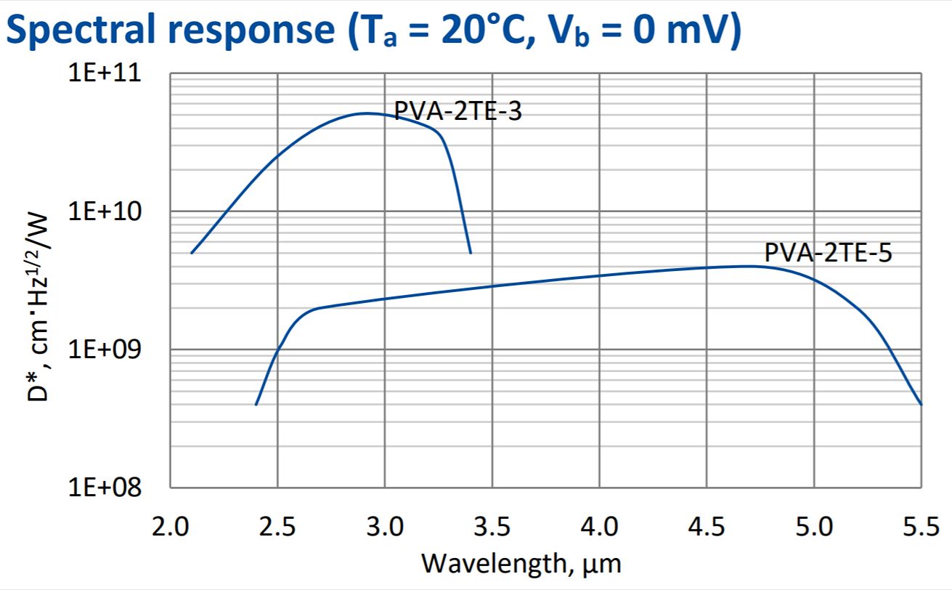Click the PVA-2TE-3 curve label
(x=457, y=112)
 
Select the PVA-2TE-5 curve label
(x=828, y=253)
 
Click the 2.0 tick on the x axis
(x=170, y=525)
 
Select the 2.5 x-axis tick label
(x=277, y=525)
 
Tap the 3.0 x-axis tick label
(x=385, y=525)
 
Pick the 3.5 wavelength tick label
(x=492, y=525)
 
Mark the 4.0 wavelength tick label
(x=600, y=525)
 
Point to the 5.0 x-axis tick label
(x=814, y=525)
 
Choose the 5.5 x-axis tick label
(x=920, y=525)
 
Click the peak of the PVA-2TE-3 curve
(x=367, y=113)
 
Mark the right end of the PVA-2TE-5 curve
(x=921, y=404)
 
